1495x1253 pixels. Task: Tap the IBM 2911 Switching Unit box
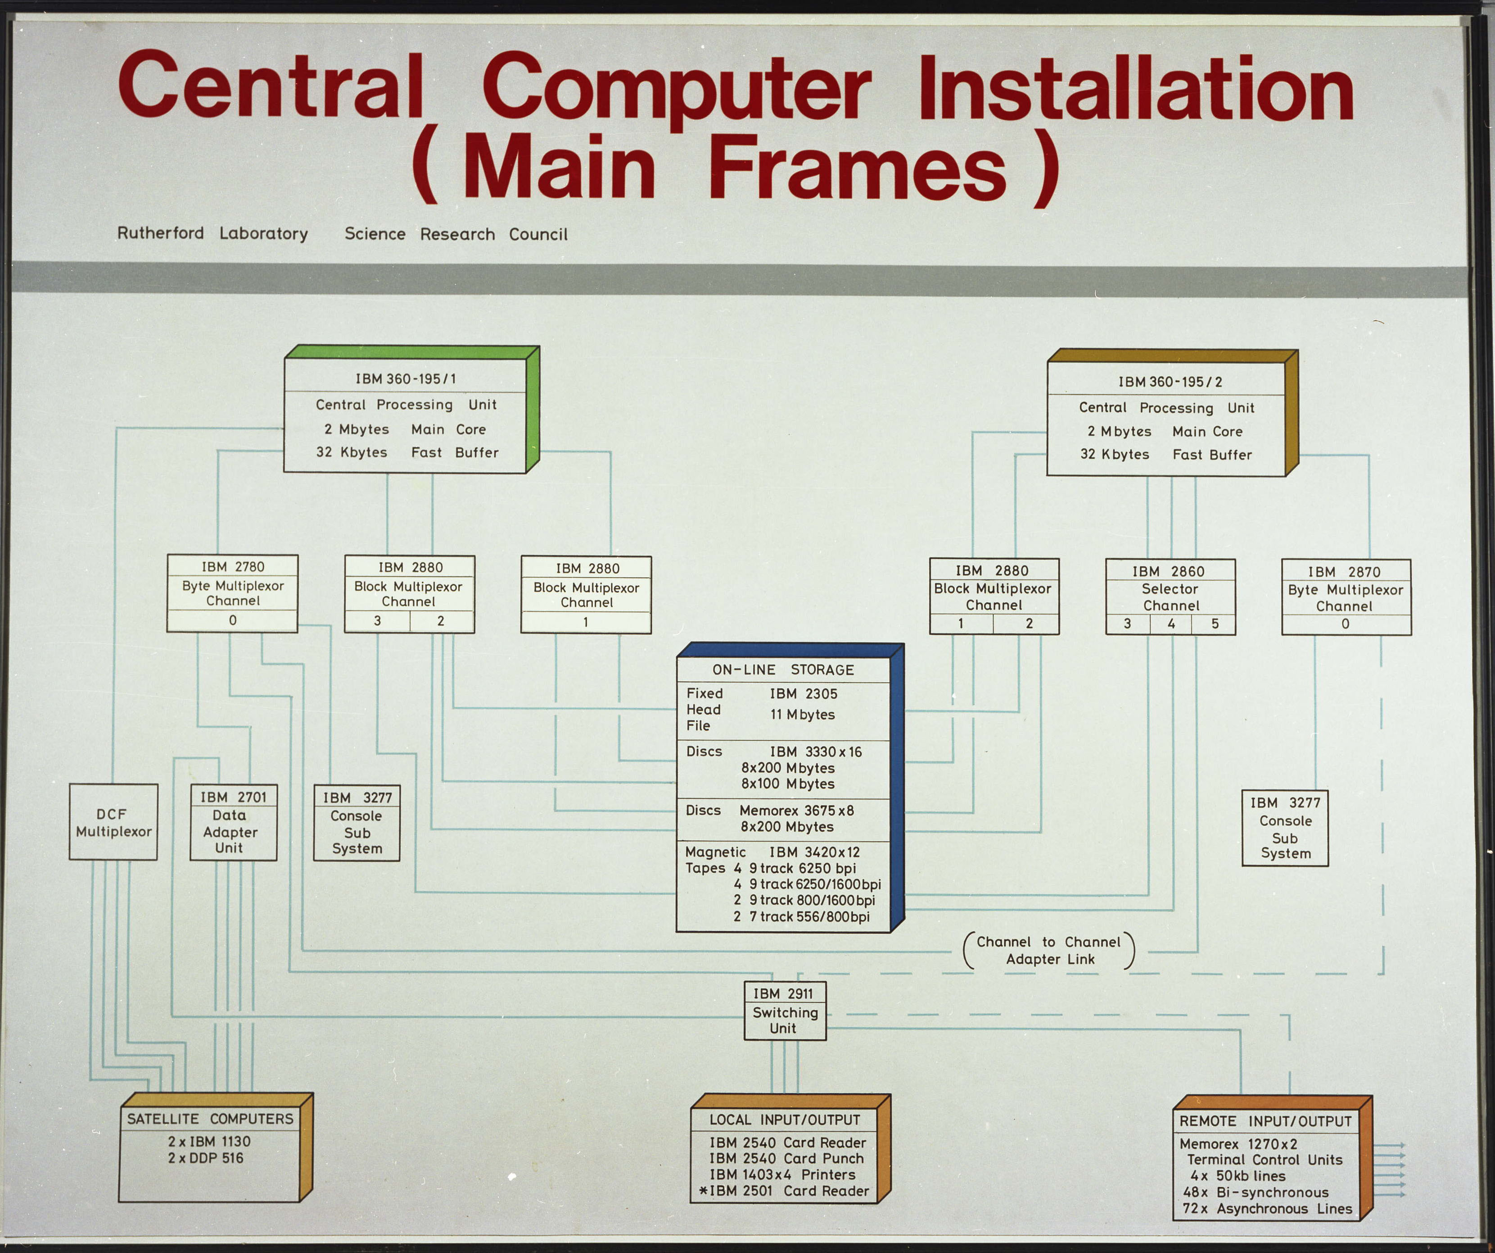(x=785, y=1011)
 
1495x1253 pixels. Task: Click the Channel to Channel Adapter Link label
(x=1048, y=950)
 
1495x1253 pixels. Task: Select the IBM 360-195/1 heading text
(x=406, y=379)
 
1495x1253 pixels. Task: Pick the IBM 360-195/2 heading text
(x=1170, y=382)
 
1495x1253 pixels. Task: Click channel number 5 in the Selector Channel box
(x=1215, y=623)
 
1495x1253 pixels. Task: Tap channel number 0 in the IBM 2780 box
(x=233, y=620)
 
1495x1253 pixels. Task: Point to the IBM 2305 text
(x=803, y=694)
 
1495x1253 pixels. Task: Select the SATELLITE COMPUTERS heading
(x=210, y=1119)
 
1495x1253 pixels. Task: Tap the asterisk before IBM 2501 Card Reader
(x=703, y=1191)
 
